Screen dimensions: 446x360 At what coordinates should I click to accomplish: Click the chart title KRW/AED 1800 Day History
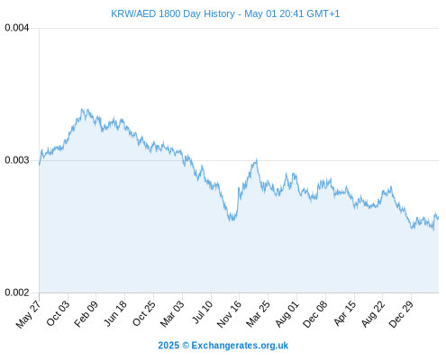(x=173, y=13)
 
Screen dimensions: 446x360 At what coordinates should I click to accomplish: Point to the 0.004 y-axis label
(x=17, y=28)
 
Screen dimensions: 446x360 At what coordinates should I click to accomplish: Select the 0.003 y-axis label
(x=17, y=160)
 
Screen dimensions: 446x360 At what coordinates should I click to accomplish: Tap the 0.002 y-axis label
(x=17, y=292)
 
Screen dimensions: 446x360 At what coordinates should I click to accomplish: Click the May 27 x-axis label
(x=28, y=314)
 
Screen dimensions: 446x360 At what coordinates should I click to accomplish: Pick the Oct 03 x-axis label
(x=58, y=313)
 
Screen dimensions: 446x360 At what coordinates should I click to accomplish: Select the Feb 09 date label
(x=86, y=313)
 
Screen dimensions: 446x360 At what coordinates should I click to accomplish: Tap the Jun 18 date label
(x=115, y=313)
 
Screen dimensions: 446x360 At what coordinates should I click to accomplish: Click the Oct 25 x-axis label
(x=144, y=313)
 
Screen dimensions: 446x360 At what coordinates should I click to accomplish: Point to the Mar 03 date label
(x=172, y=313)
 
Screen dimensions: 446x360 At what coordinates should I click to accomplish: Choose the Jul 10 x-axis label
(x=202, y=312)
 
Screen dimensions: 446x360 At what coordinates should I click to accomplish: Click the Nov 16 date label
(x=229, y=314)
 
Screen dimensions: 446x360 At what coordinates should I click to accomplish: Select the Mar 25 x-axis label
(x=258, y=313)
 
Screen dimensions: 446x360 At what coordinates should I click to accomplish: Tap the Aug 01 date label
(x=287, y=313)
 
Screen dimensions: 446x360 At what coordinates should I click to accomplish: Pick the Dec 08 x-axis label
(x=315, y=314)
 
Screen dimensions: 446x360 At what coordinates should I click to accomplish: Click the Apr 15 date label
(x=345, y=313)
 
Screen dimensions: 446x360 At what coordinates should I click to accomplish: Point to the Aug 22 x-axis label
(x=373, y=313)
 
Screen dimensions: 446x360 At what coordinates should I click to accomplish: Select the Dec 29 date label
(x=401, y=314)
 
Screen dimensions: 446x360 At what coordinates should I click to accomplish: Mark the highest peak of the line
(x=82, y=109)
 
